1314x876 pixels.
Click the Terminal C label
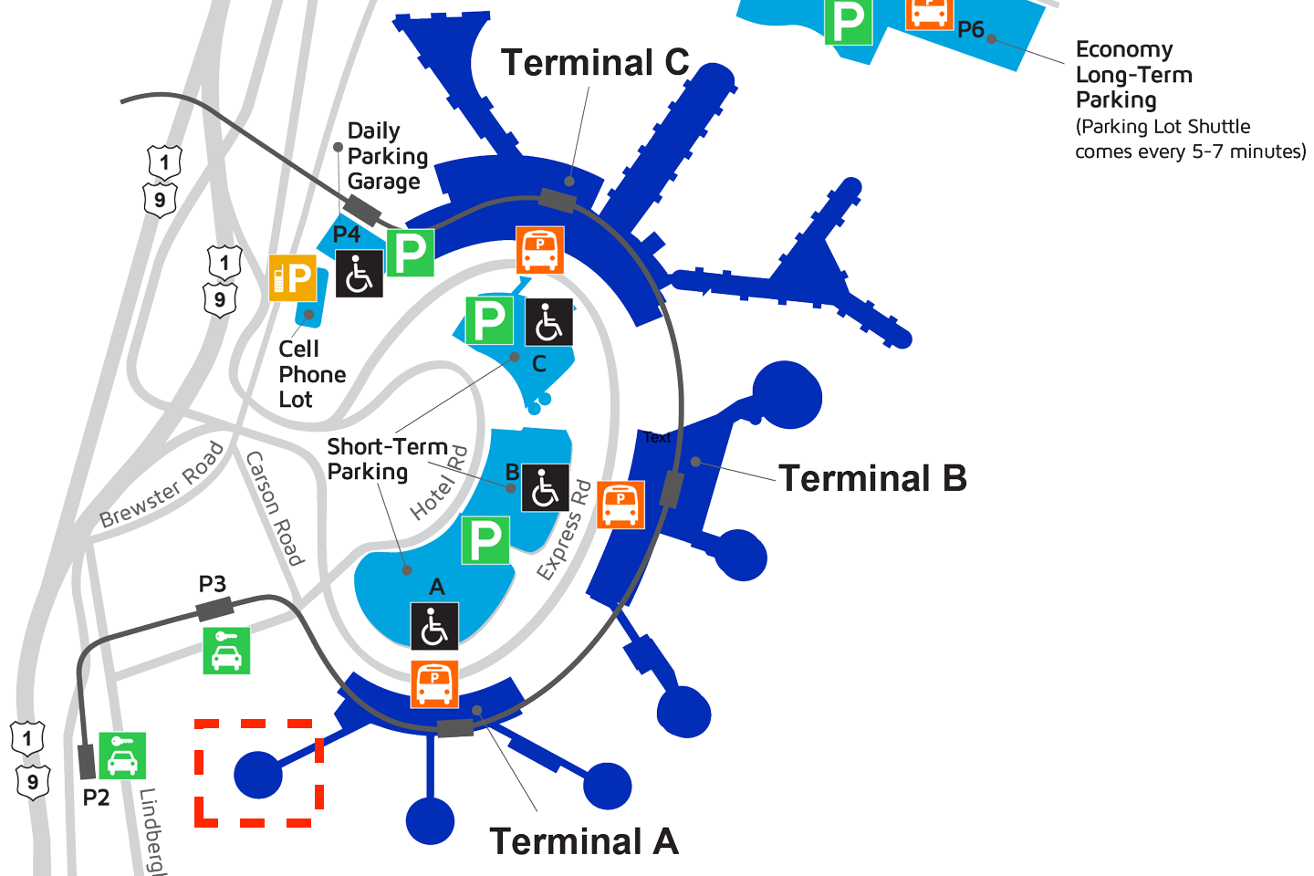pyautogui.click(x=595, y=63)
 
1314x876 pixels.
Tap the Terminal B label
pyautogui.click(x=872, y=478)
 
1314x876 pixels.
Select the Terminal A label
pyautogui.click(x=584, y=841)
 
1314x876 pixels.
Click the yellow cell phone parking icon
pyautogui.click(x=293, y=277)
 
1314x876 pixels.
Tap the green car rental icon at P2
pyautogui.click(x=122, y=756)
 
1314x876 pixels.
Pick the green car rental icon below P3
pyautogui.click(x=226, y=651)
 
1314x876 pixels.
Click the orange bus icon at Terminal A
pyautogui.click(x=434, y=684)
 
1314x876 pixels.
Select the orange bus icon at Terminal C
pyautogui.click(x=540, y=250)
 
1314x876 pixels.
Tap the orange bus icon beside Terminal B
pyautogui.click(x=620, y=505)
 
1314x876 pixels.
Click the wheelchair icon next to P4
pyautogui.click(x=360, y=274)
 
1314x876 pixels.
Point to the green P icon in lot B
pyautogui.click(x=485, y=540)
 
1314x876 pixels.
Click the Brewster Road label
pyautogui.click(x=162, y=485)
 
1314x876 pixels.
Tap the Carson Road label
pyautogui.click(x=274, y=508)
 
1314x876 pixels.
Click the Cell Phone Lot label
pyautogui.click(x=311, y=374)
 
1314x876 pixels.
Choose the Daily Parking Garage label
pyautogui.click(x=387, y=156)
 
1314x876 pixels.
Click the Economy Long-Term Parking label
pyautogui.click(x=1133, y=75)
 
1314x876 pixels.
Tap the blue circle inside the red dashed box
pyautogui.click(x=258, y=775)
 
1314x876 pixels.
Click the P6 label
pyautogui.click(x=970, y=30)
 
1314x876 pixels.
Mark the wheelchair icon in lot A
pyautogui.click(x=434, y=626)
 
